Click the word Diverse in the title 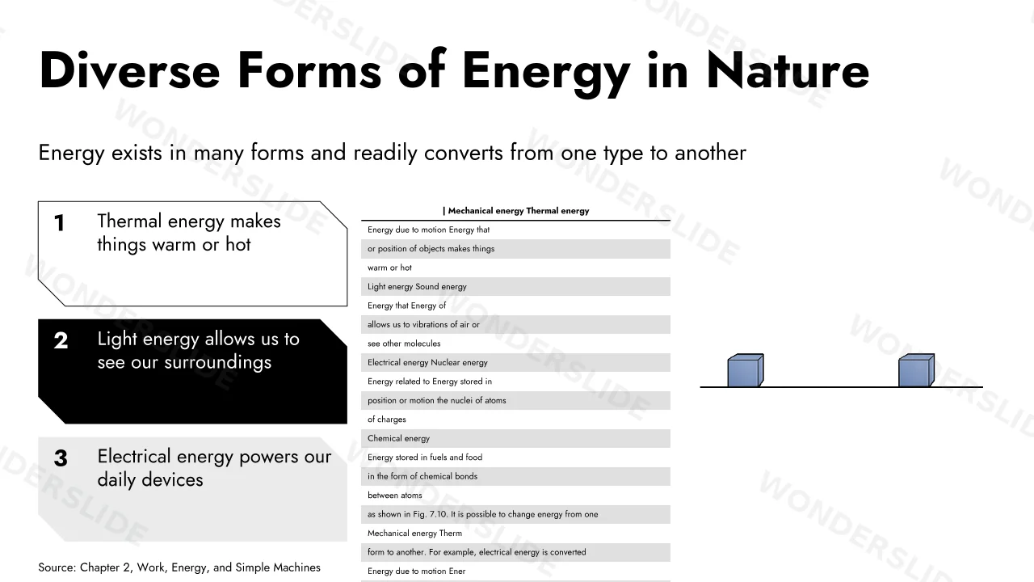point(129,70)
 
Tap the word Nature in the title point(788,70)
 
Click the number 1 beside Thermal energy point(59,223)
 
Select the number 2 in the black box point(61,341)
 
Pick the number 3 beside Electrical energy point(61,458)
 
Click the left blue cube point(746,370)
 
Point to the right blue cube point(916,370)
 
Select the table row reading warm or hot point(389,268)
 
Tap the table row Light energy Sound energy point(417,287)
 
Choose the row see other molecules point(404,344)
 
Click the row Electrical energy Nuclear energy point(427,363)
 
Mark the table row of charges point(387,420)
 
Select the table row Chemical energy point(398,438)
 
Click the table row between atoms point(395,496)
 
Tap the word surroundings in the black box point(218,363)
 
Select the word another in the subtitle point(710,153)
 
